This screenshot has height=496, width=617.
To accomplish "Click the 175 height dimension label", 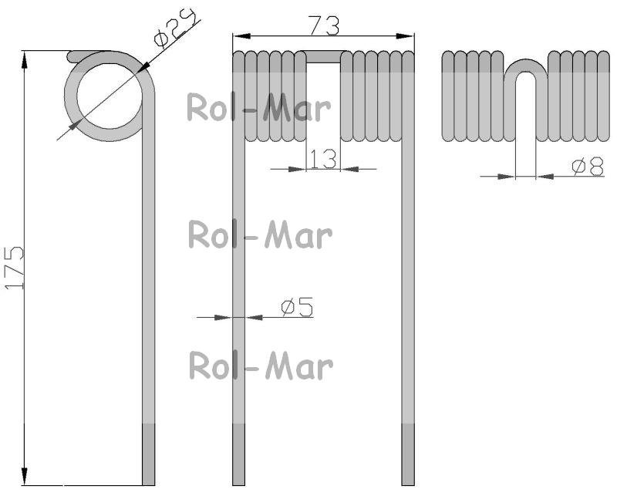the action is click(15, 268).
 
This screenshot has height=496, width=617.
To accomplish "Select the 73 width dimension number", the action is click(323, 25).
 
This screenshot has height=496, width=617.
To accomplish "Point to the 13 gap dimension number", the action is click(323, 159).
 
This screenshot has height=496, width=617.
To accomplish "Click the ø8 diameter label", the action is click(588, 166).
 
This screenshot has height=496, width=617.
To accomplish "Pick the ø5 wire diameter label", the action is click(298, 307).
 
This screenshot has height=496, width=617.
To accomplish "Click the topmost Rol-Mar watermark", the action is click(258, 107).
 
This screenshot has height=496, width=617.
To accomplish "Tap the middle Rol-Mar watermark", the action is click(260, 235).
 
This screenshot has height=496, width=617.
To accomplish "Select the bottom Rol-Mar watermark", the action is click(261, 366).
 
